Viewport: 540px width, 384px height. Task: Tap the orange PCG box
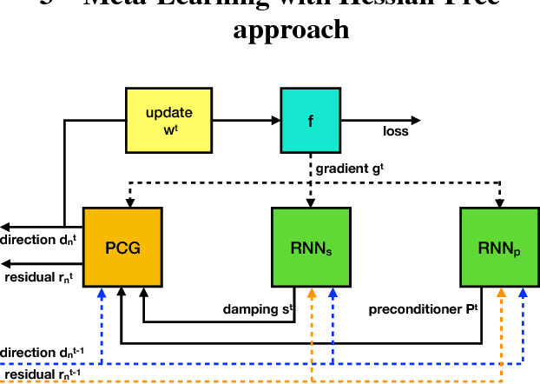pyautogui.click(x=122, y=248)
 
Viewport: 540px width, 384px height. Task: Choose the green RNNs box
pyautogui.click(x=310, y=248)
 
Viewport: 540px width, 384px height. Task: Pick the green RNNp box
pyautogui.click(x=500, y=248)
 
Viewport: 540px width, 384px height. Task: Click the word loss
pyautogui.click(x=395, y=132)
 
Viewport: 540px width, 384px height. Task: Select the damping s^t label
pyautogui.click(x=259, y=308)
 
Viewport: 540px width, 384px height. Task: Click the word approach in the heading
pyautogui.click(x=291, y=30)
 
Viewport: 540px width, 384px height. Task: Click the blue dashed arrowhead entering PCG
pyautogui.click(x=102, y=294)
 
